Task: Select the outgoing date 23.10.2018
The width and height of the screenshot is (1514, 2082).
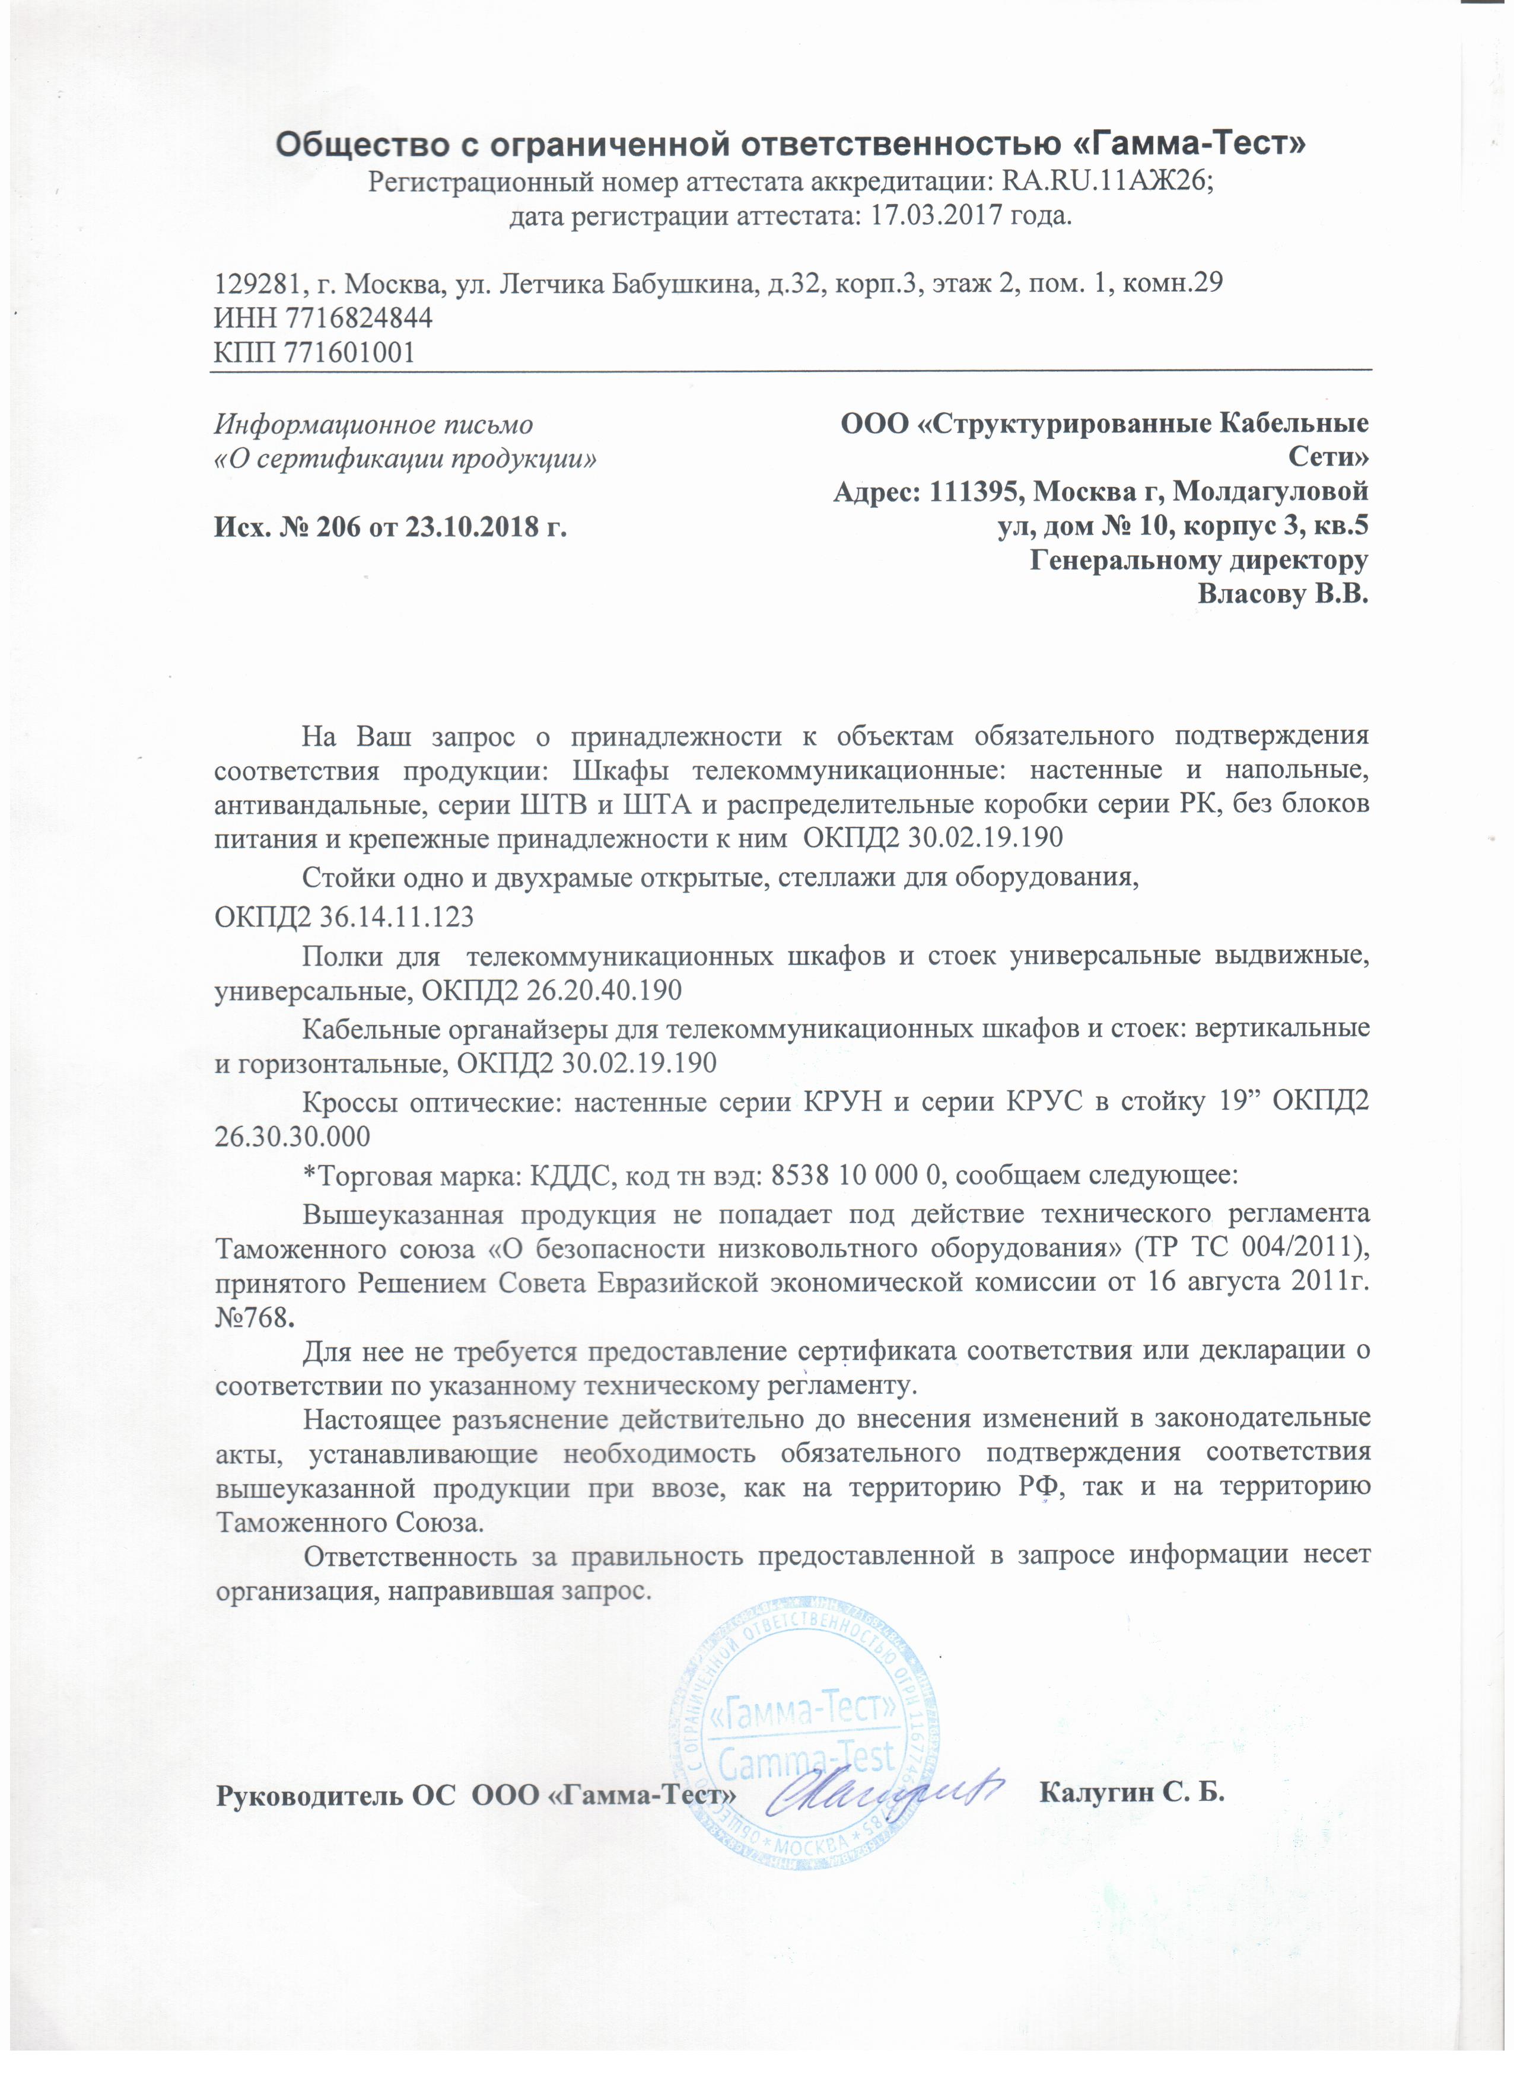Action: pyautogui.click(x=481, y=528)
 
